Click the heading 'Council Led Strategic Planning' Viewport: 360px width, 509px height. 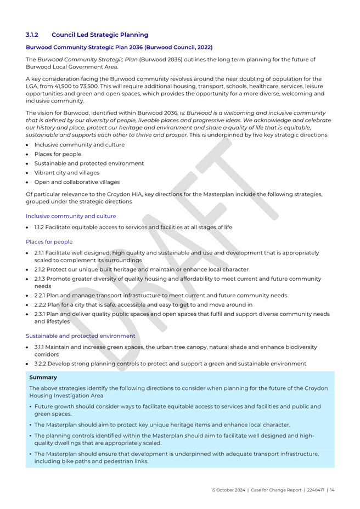100,35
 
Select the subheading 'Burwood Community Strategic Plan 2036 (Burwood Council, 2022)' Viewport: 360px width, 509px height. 119,48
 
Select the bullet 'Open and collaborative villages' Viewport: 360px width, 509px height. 77,182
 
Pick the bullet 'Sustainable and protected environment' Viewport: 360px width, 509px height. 89,163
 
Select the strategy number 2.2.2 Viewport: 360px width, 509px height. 42,304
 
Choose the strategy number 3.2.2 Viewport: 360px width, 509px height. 42,364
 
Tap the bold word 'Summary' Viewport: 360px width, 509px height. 43,377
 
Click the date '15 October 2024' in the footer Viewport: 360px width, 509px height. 228,489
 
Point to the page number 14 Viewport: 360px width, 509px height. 332,489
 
